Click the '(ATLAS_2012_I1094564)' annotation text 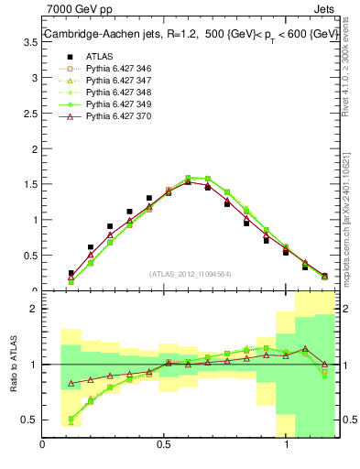tap(190, 273)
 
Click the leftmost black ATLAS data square tap(71, 273)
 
